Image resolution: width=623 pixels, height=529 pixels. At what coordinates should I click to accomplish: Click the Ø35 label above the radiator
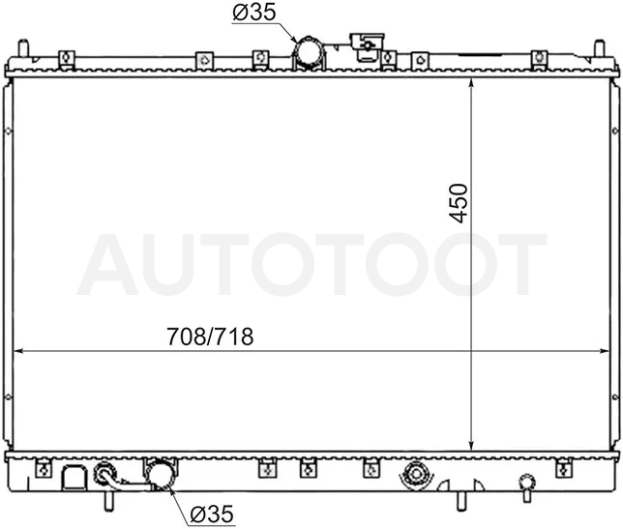point(253,14)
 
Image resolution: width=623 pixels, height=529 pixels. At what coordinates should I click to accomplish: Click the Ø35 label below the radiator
point(212,514)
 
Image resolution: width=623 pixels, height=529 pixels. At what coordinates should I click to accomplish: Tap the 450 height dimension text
point(459,203)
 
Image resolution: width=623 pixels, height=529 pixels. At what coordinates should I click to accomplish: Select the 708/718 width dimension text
point(210,337)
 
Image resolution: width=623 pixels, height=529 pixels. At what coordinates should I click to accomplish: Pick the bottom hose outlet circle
point(161,473)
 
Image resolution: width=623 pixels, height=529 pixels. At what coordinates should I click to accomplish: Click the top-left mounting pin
point(24,48)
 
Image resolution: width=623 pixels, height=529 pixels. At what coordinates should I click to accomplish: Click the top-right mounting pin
point(599,48)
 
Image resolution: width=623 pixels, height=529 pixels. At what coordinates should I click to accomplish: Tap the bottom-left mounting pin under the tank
point(108,501)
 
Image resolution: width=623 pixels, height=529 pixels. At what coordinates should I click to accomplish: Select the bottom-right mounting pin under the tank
point(460,501)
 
